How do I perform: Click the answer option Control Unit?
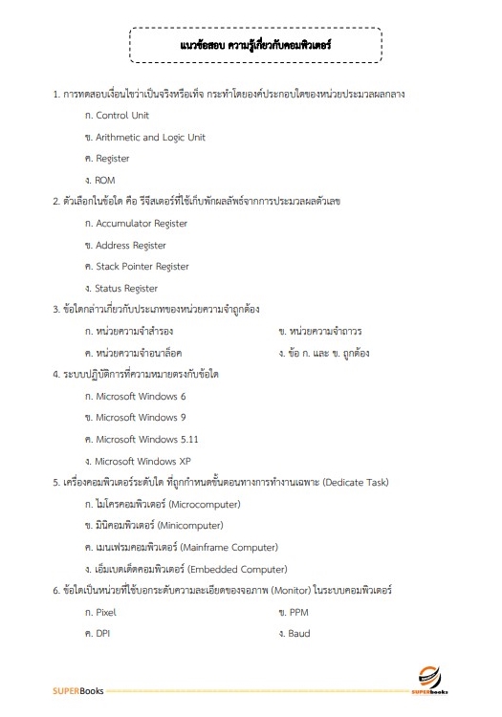[121, 116]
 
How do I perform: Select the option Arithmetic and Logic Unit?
[150, 138]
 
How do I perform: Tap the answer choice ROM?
[104, 180]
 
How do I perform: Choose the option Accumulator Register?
[142, 224]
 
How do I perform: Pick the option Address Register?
[130, 246]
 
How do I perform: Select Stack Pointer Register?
[142, 267]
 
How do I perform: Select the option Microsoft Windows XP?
[143, 461]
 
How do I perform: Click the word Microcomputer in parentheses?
[203, 504]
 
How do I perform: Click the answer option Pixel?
[105, 612]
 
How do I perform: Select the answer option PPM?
[297, 612]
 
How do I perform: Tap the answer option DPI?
[103, 634]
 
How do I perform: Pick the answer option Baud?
[298, 634]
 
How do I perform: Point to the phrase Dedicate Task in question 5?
[356, 483]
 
